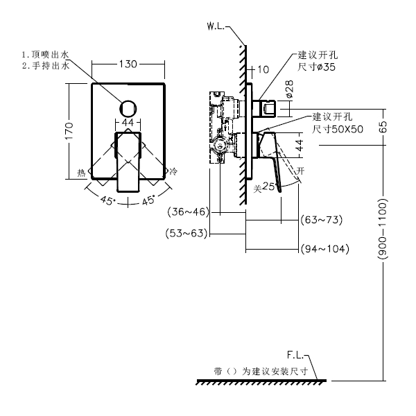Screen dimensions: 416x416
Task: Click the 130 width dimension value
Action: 128,64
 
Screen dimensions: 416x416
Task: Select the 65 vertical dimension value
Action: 383,127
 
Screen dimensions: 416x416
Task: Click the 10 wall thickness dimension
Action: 263,69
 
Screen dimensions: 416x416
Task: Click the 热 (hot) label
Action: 81,173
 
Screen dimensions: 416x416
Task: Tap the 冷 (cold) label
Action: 173,171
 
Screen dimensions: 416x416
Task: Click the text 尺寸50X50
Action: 338,129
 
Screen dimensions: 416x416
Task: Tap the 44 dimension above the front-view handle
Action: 128,122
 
